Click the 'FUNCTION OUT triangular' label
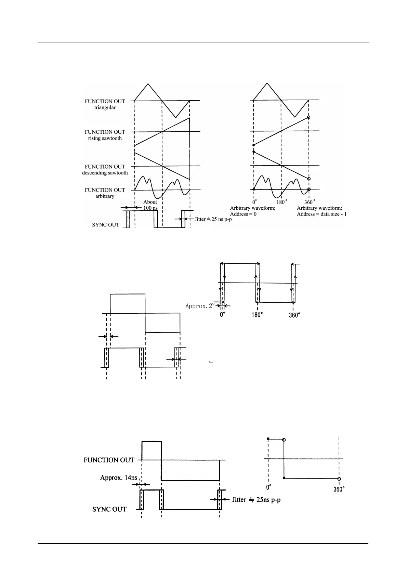[105, 104]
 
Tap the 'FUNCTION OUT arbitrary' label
[105, 193]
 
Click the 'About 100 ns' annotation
[150, 205]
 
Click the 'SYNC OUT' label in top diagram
[106, 225]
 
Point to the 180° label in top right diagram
[282, 202]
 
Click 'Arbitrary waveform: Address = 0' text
[252, 211]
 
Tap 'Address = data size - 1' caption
[321, 214]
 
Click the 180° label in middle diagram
[257, 315]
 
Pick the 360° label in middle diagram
[294, 315]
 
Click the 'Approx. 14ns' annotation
[119, 477]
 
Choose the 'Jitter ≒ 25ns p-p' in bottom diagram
[256, 500]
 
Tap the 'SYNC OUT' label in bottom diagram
[109, 509]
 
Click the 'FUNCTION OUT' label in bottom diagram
[109, 460]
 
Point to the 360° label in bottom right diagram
[339, 489]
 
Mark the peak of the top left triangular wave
[148, 84]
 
